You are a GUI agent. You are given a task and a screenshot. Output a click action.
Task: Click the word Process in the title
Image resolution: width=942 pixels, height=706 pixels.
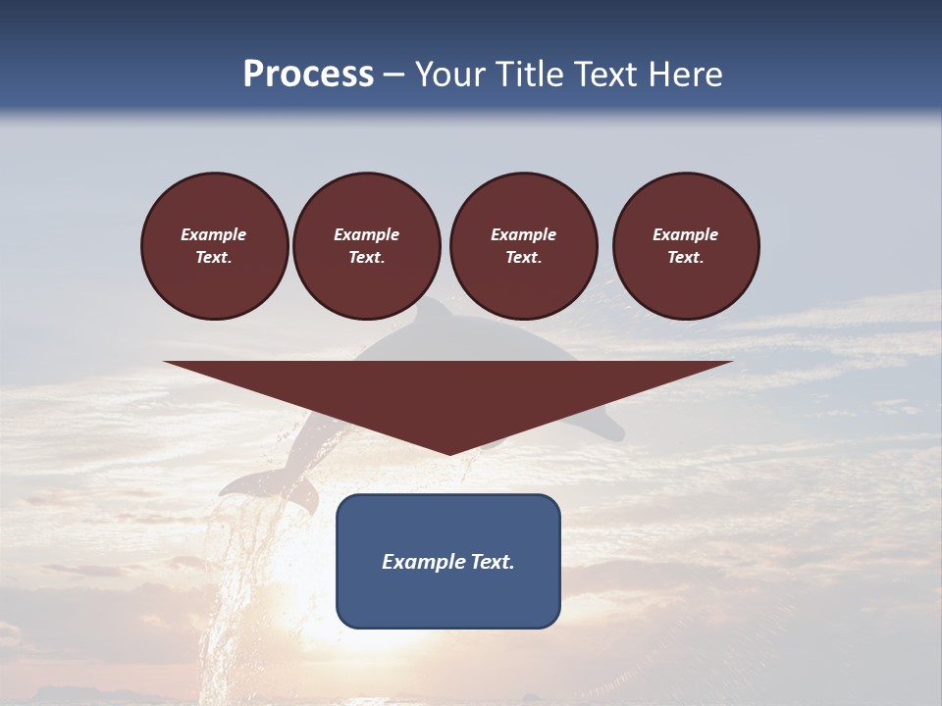click(x=308, y=75)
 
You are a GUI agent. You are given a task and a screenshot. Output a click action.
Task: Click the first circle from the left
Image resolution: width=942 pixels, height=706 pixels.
click(x=214, y=246)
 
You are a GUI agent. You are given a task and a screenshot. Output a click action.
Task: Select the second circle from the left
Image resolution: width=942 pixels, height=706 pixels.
click(x=366, y=246)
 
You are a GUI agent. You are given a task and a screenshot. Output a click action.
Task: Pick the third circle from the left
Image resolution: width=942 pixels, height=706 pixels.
click(x=523, y=246)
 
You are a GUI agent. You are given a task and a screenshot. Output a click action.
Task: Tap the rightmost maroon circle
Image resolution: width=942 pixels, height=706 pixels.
click(x=686, y=246)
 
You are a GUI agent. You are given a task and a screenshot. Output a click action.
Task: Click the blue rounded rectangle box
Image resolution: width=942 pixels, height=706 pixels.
click(x=448, y=561)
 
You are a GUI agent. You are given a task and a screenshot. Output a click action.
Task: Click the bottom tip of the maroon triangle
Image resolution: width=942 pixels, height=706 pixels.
click(x=448, y=452)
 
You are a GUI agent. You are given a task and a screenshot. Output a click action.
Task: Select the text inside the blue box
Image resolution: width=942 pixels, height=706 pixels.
click(x=448, y=562)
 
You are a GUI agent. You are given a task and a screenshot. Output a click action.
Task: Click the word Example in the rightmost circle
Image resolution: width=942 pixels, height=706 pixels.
click(x=686, y=234)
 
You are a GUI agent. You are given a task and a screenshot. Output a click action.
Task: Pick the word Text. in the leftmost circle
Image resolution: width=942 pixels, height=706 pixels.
click(x=214, y=258)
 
